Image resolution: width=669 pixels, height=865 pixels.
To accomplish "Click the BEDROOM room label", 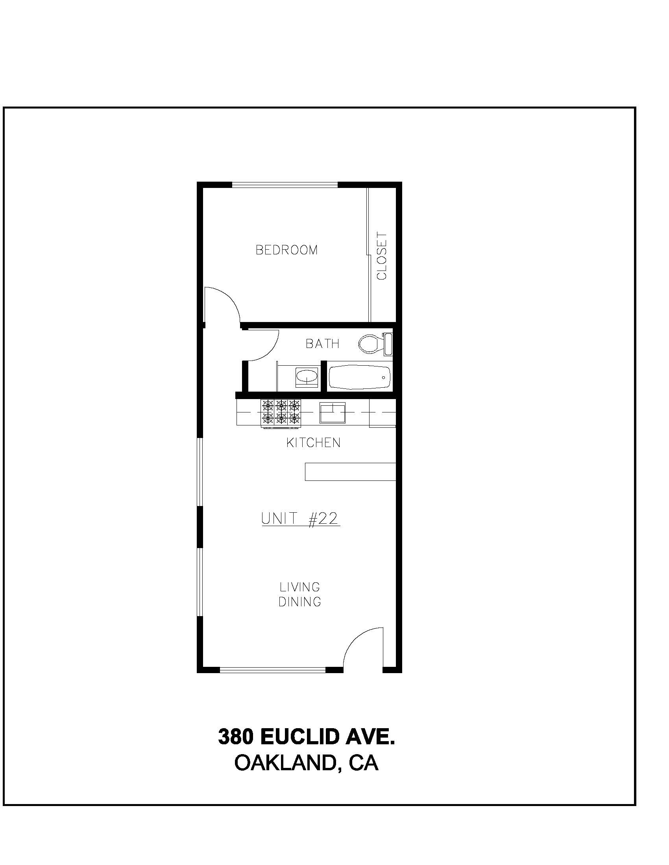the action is pos(286,250).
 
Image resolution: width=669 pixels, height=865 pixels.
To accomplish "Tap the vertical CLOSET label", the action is pos(382,256).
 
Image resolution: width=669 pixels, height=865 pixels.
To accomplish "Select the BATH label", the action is pos(323,343).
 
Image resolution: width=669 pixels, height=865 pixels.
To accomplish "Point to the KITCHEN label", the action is pos(314,442).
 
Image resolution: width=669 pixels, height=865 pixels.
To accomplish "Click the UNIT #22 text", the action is pos(301,518).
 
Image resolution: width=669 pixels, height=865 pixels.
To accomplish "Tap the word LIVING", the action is pos(299,587).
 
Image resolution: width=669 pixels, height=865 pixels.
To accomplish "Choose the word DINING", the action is pos(299,602).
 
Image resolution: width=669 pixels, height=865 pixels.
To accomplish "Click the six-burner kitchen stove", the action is pos(281,413).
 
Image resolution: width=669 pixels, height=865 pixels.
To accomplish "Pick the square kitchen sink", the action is pos(333,413).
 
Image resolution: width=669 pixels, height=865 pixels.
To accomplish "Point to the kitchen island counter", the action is pos(350,471).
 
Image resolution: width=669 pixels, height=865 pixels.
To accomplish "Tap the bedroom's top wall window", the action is pos(285,184).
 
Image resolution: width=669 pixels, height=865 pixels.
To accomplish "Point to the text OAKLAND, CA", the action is pos(306,763).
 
